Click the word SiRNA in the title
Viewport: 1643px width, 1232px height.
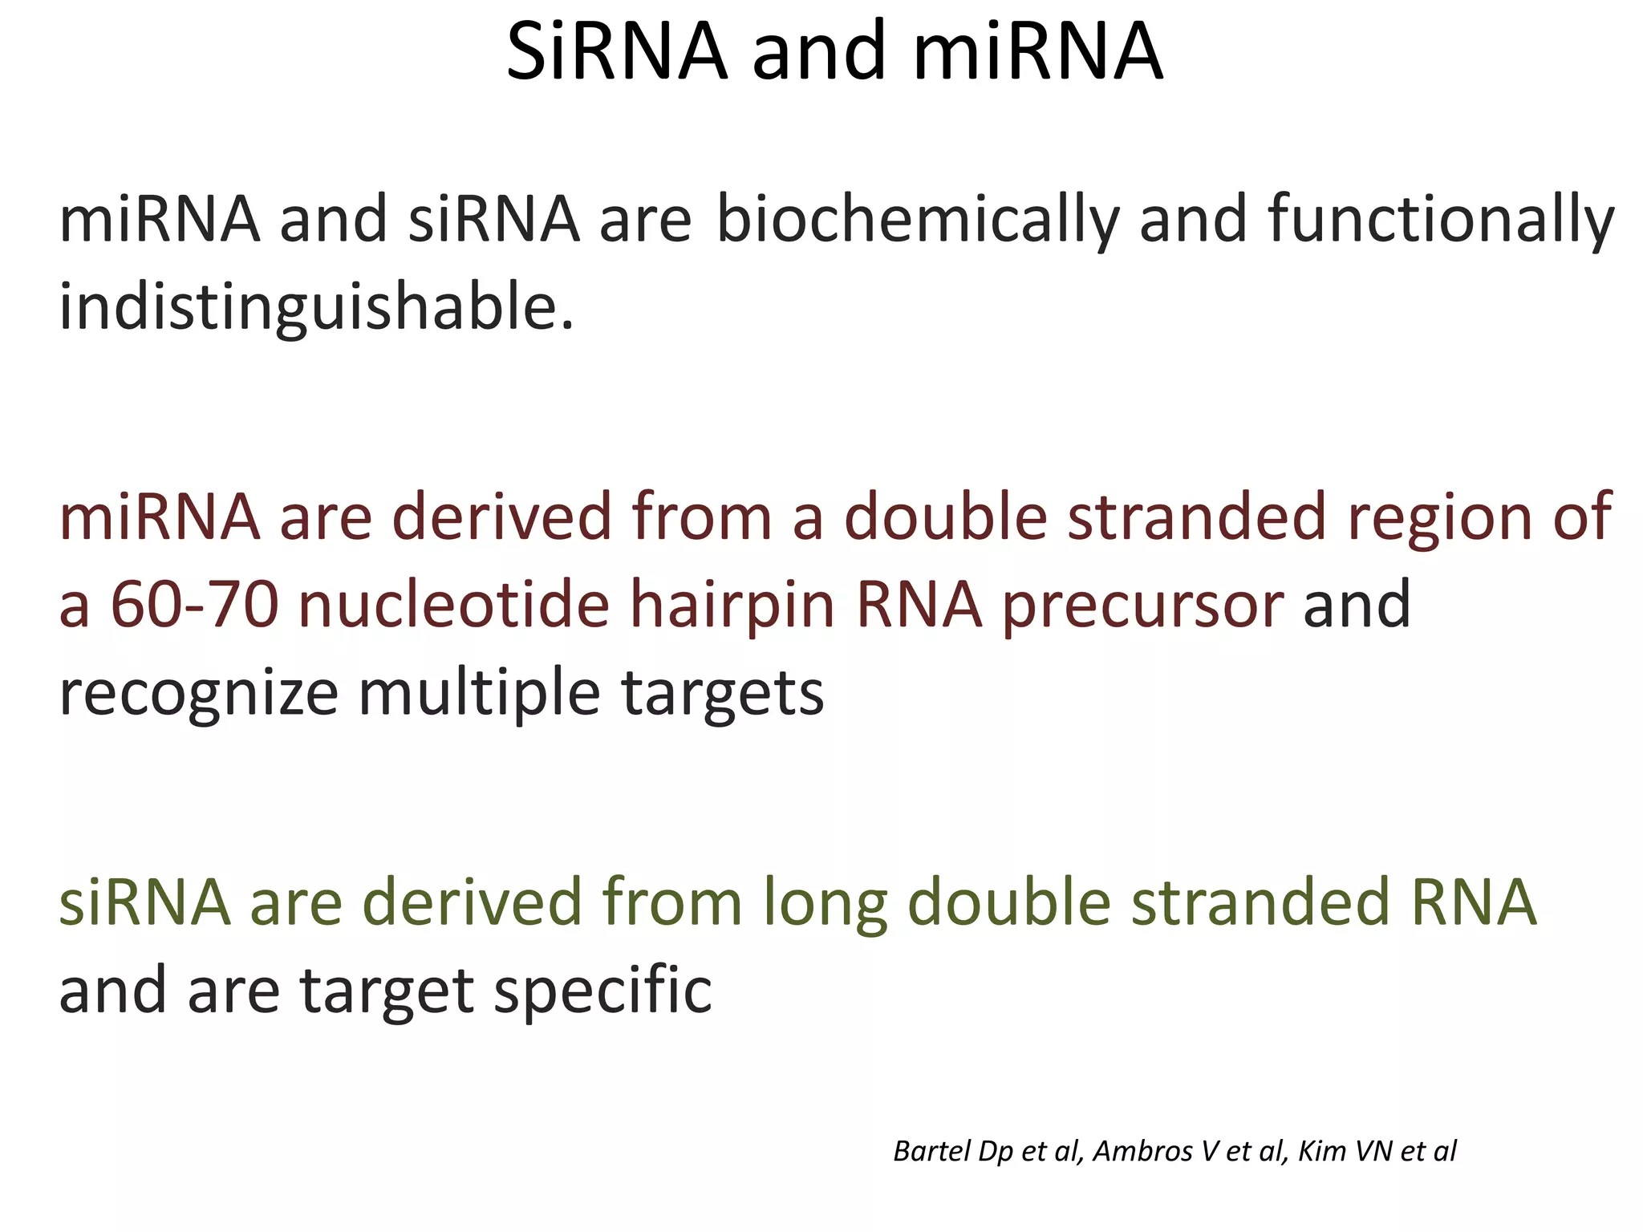click(617, 52)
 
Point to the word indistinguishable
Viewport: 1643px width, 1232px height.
click(317, 306)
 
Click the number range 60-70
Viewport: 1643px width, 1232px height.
click(194, 604)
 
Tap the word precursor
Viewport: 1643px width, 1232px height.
click(1142, 606)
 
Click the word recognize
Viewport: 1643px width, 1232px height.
click(198, 693)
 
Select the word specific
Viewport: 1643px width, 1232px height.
click(602, 991)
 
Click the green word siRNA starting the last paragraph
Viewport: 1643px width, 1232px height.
click(145, 902)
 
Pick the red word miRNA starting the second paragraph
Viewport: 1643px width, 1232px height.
click(160, 517)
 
